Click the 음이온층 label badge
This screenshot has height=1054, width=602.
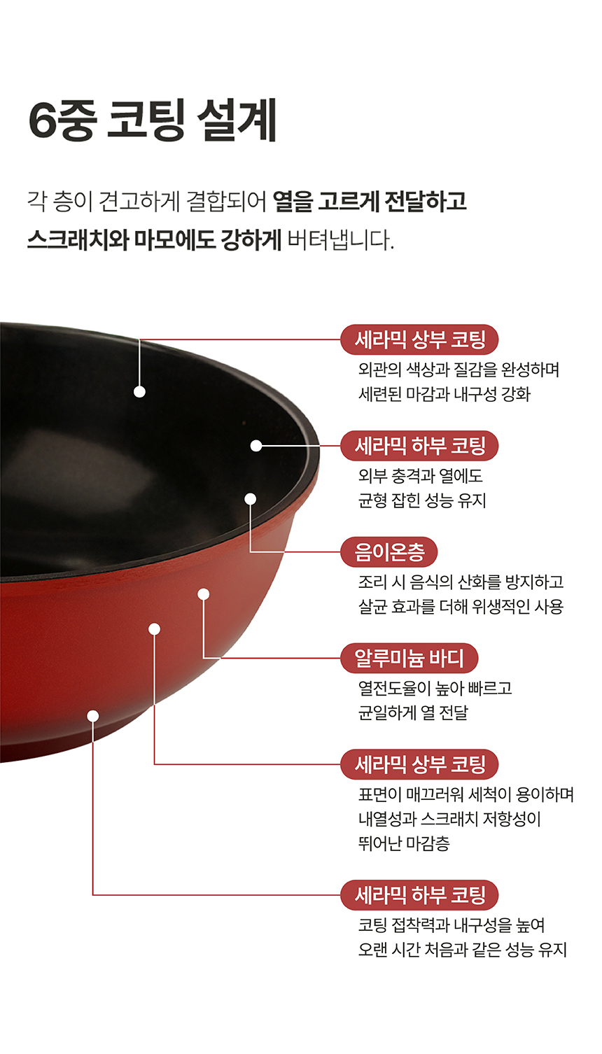[x=388, y=552]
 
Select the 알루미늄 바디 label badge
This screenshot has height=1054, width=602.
[x=409, y=658]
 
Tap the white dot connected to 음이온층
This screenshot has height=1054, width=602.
[x=251, y=499]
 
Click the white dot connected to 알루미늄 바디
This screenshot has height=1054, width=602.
[x=203, y=594]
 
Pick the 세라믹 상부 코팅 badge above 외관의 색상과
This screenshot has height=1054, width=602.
[x=419, y=339]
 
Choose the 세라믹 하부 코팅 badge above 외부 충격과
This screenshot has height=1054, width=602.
[x=419, y=446]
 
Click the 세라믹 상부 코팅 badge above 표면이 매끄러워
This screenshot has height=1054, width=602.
[x=419, y=764]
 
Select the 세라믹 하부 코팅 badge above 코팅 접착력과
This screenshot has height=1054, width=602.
[x=419, y=895]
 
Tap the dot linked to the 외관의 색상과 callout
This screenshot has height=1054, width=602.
[x=139, y=391]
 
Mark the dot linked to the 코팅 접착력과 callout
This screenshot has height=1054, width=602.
[x=93, y=716]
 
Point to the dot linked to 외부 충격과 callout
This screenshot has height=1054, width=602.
[x=256, y=446]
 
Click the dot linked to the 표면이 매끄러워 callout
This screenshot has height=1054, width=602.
[x=155, y=629]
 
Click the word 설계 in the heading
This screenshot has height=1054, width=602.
[x=237, y=120]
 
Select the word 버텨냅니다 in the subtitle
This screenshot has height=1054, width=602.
[x=339, y=240]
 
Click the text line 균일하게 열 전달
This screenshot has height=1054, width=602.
[x=413, y=712]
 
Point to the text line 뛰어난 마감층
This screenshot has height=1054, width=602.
[x=404, y=843]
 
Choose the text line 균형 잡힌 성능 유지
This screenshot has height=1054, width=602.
[x=421, y=500]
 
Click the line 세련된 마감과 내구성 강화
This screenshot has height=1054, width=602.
[x=444, y=394]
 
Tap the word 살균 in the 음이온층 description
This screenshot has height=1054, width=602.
[x=372, y=606]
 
